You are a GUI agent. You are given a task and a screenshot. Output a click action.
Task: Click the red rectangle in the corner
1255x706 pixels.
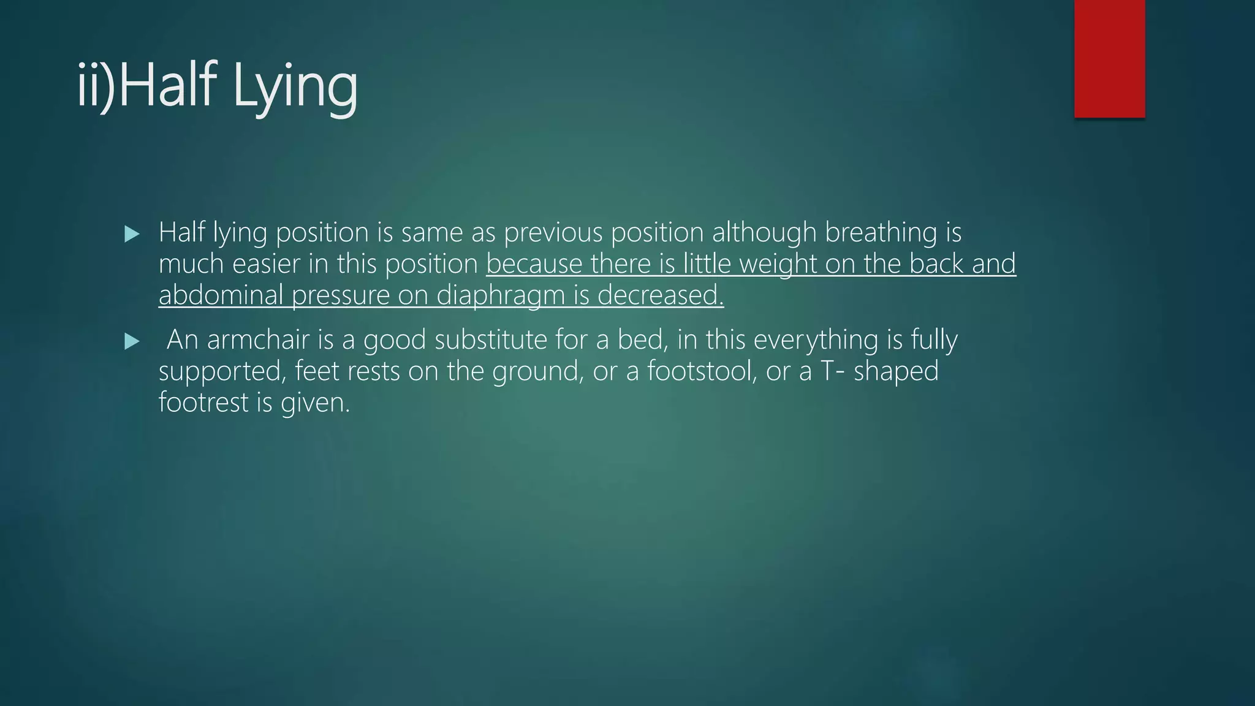click(x=1109, y=58)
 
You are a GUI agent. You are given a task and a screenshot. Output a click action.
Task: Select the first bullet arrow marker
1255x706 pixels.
click(x=132, y=233)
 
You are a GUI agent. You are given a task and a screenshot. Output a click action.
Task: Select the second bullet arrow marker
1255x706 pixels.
click(x=132, y=341)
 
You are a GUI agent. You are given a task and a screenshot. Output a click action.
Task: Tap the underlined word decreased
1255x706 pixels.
click(x=660, y=295)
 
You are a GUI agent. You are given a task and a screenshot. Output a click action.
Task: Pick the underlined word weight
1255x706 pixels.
click(x=778, y=264)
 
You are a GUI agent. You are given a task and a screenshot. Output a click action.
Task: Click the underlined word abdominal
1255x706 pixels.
click(x=221, y=295)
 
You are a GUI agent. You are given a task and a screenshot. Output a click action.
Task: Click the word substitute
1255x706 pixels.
click(x=490, y=340)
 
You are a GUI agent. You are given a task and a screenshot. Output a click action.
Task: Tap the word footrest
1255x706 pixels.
click(x=203, y=403)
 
